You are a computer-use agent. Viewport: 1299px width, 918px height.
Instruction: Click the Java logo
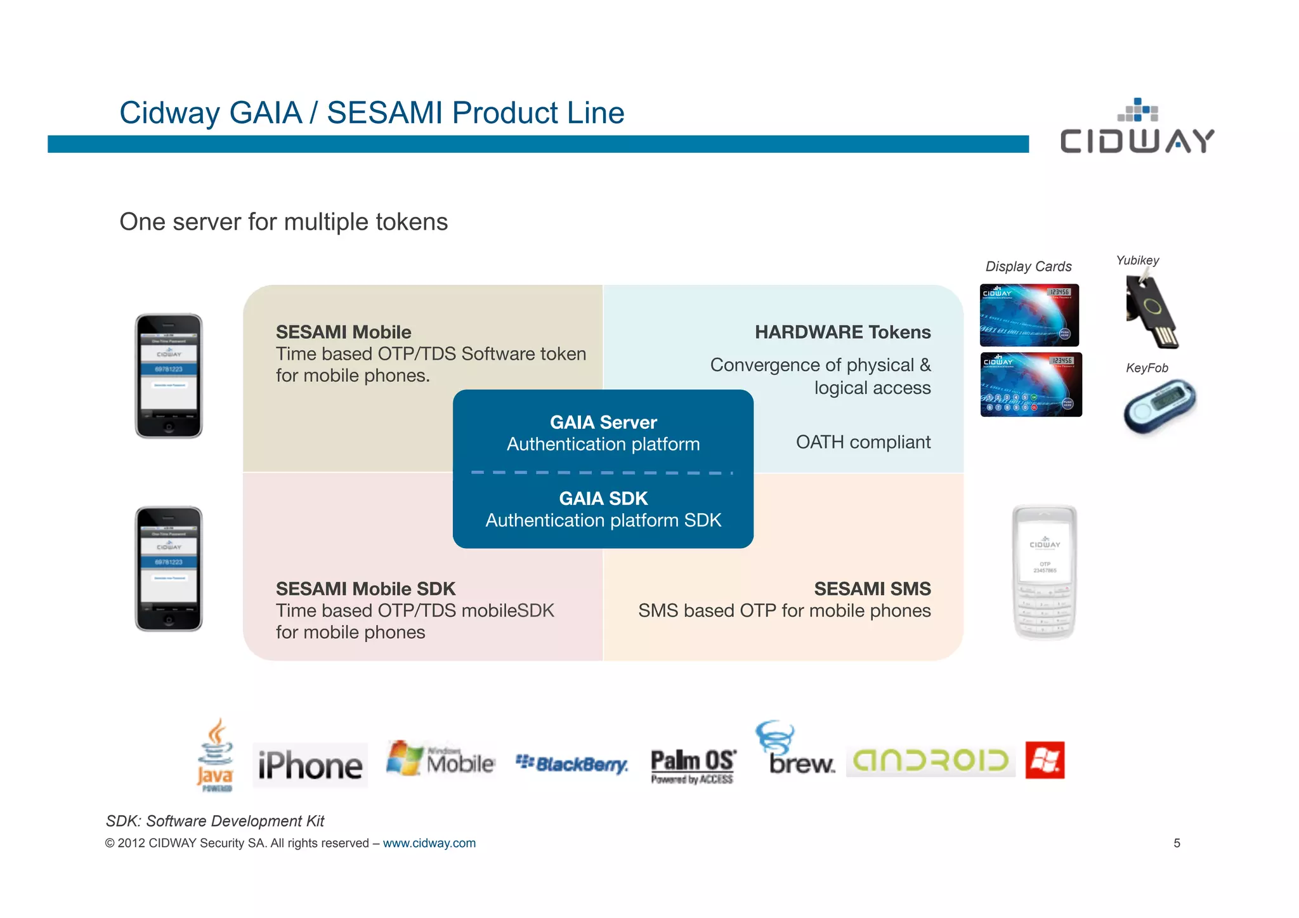(x=215, y=755)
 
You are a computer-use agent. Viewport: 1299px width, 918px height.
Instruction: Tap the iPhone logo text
(x=310, y=765)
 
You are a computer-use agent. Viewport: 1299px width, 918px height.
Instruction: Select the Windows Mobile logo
(x=441, y=759)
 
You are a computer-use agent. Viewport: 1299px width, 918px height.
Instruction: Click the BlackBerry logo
(x=571, y=764)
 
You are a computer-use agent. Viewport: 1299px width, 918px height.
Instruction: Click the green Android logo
(x=930, y=760)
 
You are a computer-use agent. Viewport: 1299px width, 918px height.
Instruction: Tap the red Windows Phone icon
(x=1045, y=759)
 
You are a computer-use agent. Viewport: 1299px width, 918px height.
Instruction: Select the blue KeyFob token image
(x=1159, y=406)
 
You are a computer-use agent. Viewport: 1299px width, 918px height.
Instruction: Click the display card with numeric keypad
(x=1031, y=385)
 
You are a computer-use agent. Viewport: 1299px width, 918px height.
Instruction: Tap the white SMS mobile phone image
(x=1044, y=572)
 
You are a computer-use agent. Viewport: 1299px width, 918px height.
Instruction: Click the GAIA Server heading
(x=603, y=423)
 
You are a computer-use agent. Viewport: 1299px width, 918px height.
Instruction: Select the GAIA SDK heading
(x=603, y=499)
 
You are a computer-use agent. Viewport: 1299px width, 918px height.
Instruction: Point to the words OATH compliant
(x=863, y=442)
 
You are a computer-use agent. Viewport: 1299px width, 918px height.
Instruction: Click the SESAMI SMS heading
(x=872, y=589)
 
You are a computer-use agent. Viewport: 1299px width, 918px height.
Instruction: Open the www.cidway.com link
(x=429, y=843)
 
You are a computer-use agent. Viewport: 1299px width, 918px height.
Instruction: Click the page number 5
(x=1177, y=843)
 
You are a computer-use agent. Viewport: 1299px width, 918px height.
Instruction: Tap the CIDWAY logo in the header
(x=1137, y=129)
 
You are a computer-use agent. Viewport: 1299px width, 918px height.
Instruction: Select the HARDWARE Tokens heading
(x=842, y=332)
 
